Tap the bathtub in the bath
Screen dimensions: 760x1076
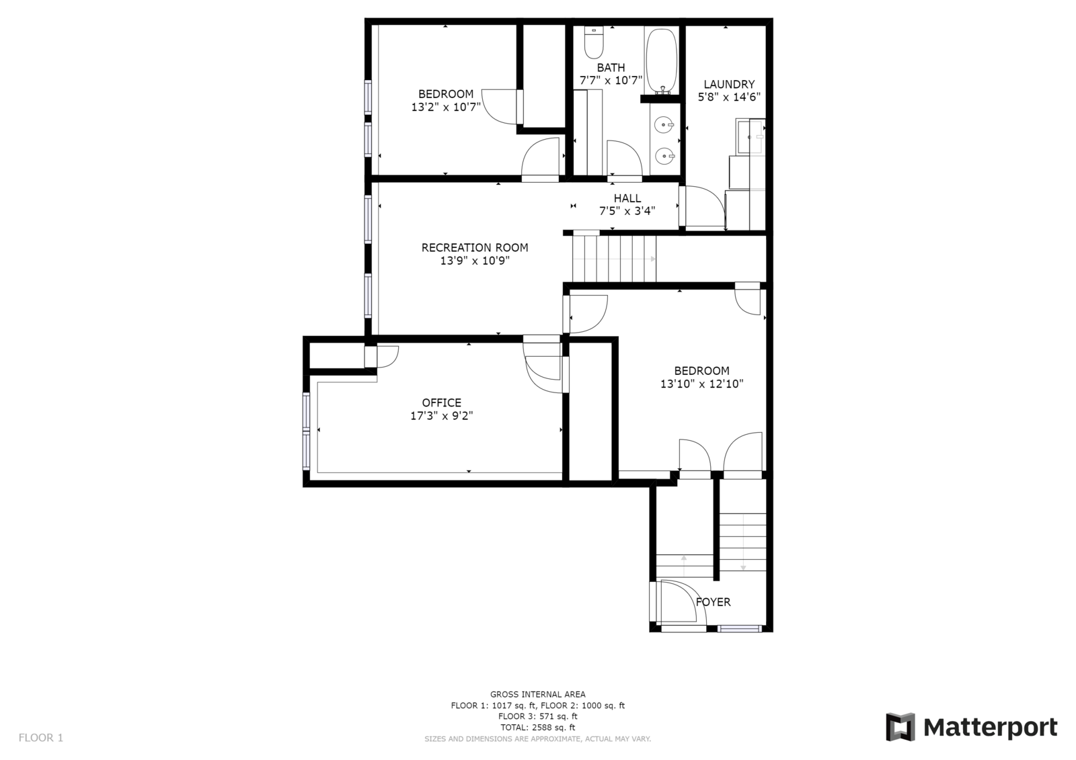click(x=662, y=60)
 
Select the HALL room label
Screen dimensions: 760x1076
click(x=627, y=198)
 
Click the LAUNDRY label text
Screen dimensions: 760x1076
click(x=729, y=84)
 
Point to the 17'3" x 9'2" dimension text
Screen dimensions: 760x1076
click(x=442, y=416)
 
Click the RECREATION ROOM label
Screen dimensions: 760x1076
click(x=475, y=247)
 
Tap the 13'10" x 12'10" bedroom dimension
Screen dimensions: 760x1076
click(x=701, y=384)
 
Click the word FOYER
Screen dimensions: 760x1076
click(x=713, y=602)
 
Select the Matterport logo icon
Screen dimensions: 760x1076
click(x=900, y=727)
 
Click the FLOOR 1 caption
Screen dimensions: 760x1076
click(x=41, y=738)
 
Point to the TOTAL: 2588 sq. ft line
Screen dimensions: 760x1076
click(x=537, y=727)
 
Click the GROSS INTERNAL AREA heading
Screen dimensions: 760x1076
click(x=537, y=694)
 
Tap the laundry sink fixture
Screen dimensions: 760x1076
click(x=751, y=136)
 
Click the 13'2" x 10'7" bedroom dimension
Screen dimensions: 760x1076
click(x=446, y=107)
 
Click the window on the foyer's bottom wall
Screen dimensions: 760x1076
click(x=739, y=629)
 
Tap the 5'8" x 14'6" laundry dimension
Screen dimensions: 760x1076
click(x=729, y=97)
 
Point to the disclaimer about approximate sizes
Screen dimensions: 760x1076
click(x=537, y=739)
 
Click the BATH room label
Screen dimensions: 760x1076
click(x=611, y=67)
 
